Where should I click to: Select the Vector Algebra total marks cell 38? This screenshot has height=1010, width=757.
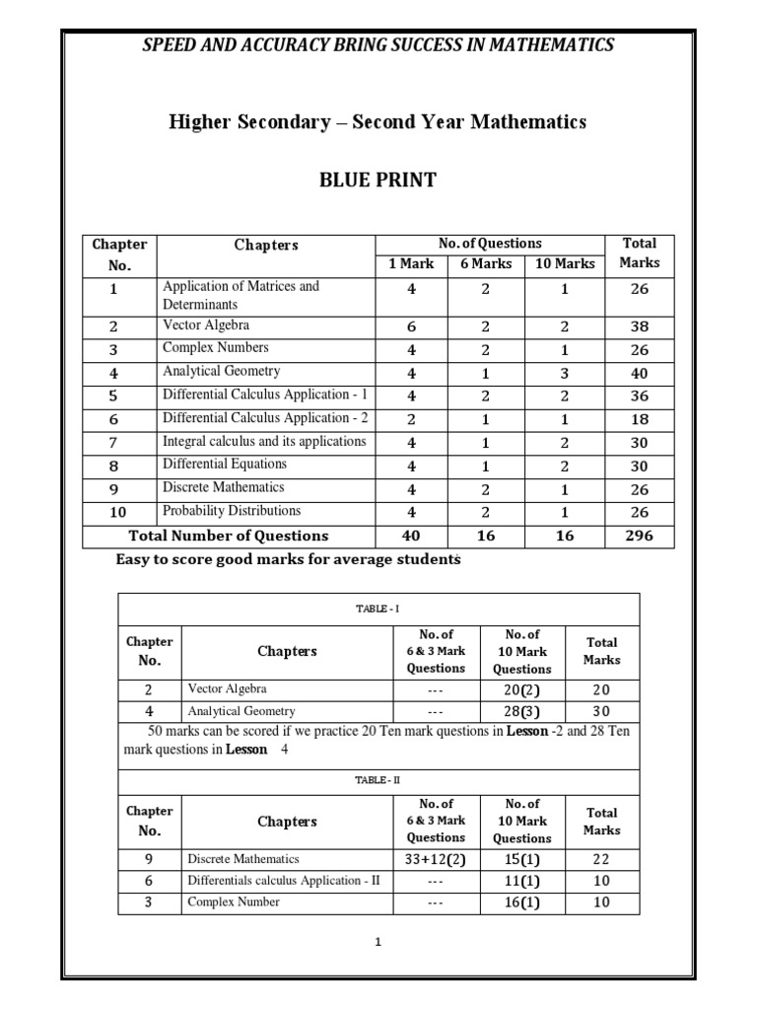point(640,325)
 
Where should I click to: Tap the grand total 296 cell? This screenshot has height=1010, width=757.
point(640,536)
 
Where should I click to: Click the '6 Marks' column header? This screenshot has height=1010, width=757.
point(487,263)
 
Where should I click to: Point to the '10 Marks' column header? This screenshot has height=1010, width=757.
point(565,263)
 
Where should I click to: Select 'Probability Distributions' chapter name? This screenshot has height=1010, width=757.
point(232,511)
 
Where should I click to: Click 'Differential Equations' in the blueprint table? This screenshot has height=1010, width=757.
point(225,464)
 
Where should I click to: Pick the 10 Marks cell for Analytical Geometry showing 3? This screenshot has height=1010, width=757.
point(565,373)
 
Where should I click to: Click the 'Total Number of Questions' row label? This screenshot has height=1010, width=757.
point(229,536)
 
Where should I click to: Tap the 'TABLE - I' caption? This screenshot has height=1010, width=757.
point(378,610)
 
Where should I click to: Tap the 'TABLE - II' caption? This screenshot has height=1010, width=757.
point(378,779)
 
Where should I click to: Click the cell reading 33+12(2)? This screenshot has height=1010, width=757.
point(436,859)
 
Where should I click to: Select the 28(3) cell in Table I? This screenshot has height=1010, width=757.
point(521,711)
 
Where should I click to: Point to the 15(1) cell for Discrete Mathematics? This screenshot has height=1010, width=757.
point(521,859)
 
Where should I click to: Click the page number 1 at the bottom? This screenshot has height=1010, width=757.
point(378,942)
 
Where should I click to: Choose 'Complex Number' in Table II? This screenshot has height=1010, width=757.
point(234,902)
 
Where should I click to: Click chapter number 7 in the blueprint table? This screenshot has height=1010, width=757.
point(114,442)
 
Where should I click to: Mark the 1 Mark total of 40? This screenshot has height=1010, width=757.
point(411,536)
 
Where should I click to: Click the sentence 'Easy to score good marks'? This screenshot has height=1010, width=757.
point(288,559)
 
